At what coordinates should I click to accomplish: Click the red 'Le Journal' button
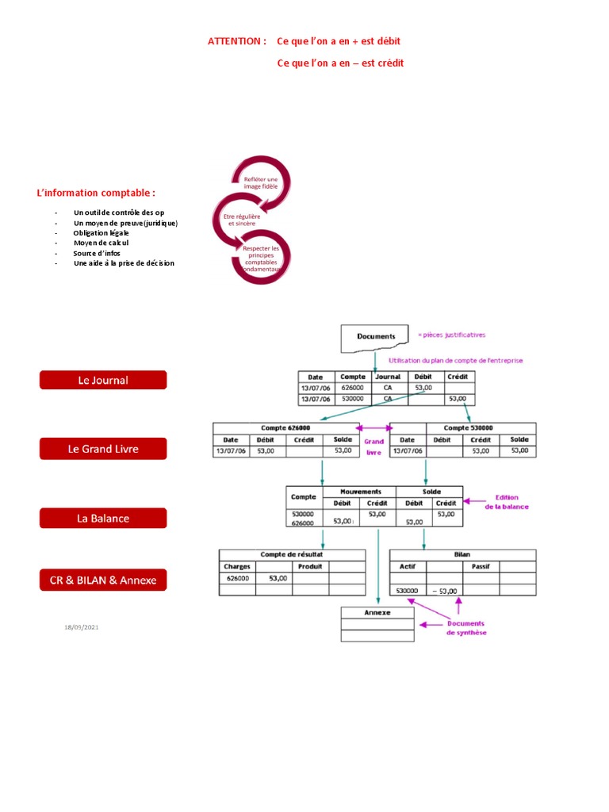click(x=103, y=380)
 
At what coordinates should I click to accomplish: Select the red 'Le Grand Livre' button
click(x=103, y=449)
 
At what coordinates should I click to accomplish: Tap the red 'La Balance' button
click(x=103, y=518)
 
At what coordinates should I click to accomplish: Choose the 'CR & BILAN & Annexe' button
click(x=103, y=580)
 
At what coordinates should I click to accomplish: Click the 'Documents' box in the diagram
click(x=376, y=336)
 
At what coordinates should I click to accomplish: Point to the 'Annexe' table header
click(x=377, y=613)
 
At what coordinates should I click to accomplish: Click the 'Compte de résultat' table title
click(x=291, y=554)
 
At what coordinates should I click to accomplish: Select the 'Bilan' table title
click(x=462, y=554)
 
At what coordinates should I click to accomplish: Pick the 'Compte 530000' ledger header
click(x=469, y=428)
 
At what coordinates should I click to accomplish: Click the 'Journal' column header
click(x=388, y=377)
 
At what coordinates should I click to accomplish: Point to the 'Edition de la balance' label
click(x=507, y=502)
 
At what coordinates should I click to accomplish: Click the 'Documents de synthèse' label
click(x=466, y=628)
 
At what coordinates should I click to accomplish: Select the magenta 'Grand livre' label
click(x=373, y=447)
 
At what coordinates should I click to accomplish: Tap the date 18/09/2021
click(x=82, y=627)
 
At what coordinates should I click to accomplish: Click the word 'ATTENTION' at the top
click(x=235, y=40)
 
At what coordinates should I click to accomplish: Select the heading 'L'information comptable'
click(x=96, y=193)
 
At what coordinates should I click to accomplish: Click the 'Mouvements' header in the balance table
click(x=361, y=492)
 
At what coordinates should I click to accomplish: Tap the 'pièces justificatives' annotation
click(x=454, y=335)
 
